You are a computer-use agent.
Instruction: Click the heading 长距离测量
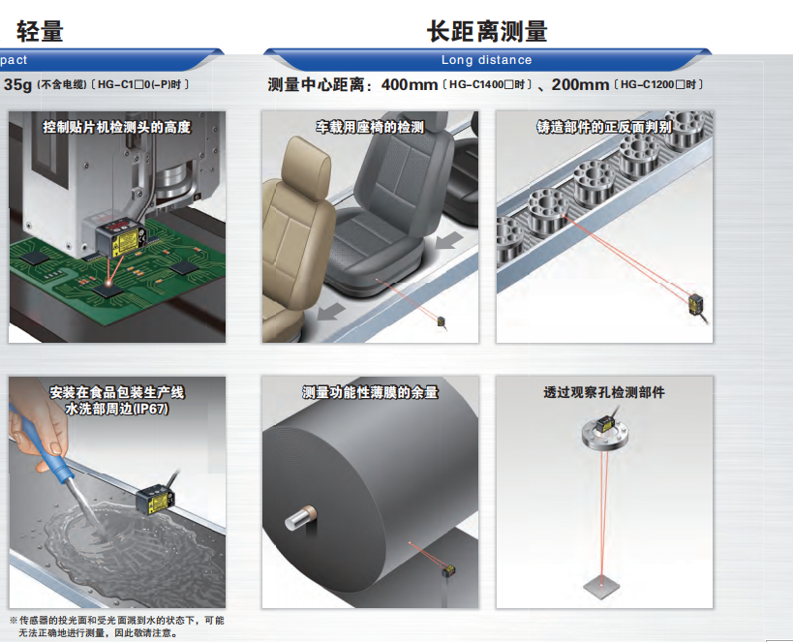[x=487, y=31]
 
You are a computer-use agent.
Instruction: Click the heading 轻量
[x=40, y=31]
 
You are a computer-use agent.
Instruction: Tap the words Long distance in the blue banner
[x=486, y=60]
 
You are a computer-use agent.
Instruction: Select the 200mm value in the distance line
[x=580, y=85]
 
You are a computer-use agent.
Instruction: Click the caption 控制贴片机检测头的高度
[x=117, y=127]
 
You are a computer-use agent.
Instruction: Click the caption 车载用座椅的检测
[x=370, y=127]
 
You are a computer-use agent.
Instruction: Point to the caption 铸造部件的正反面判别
[x=604, y=127]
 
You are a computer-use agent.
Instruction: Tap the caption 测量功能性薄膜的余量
[x=370, y=392]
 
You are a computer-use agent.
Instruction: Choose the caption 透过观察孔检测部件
[x=604, y=392]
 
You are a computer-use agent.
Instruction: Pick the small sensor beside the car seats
[x=442, y=321]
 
